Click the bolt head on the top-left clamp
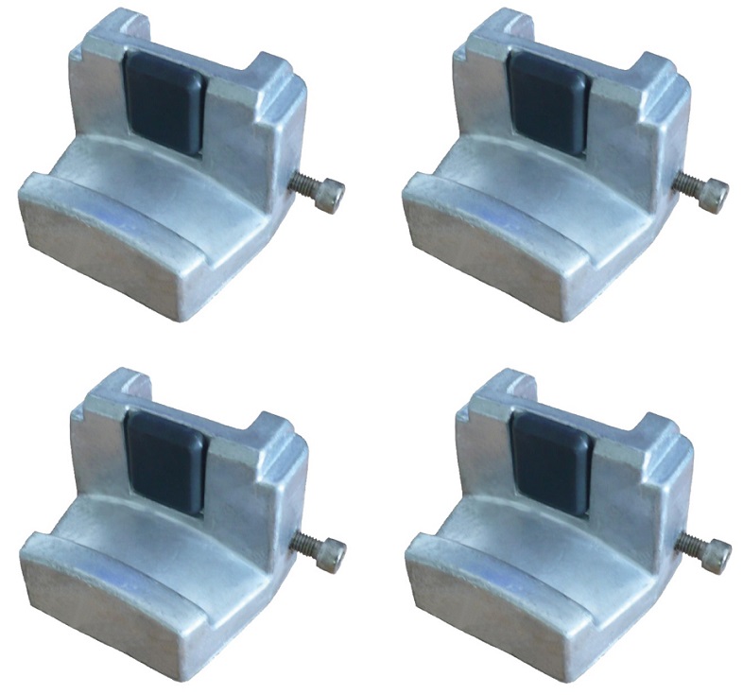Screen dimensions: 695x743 (332, 196)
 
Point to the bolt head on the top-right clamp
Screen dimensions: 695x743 (716, 194)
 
